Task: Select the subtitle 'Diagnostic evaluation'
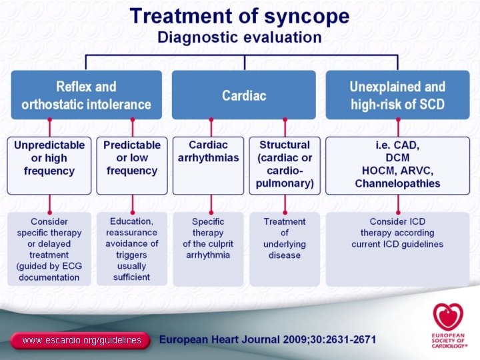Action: [x=239, y=37]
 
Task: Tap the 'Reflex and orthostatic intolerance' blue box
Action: [x=86, y=95]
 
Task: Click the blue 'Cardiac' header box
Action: [x=244, y=95]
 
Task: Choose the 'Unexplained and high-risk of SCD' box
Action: [x=397, y=95]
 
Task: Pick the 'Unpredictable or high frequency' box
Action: [x=49, y=165]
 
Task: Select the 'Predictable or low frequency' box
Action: [x=132, y=165]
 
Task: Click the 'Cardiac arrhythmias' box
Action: [x=208, y=165]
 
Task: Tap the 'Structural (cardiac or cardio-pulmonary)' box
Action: [x=285, y=165]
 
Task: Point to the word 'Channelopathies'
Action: [x=397, y=183]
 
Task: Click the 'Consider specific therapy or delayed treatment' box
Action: [x=49, y=249]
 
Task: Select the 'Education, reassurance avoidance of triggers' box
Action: [x=132, y=249]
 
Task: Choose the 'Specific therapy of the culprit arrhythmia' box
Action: [x=208, y=249]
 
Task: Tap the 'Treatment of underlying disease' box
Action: [x=285, y=249]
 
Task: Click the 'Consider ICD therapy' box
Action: [x=397, y=249]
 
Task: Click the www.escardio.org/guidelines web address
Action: [x=81, y=340]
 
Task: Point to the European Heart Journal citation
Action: [x=267, y=339]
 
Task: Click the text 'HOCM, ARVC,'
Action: [x=397, y=171]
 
